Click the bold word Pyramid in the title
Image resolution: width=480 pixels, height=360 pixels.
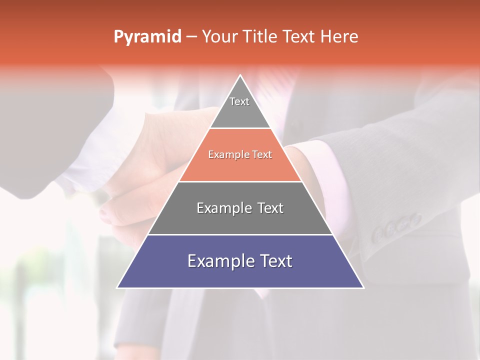(147, 37)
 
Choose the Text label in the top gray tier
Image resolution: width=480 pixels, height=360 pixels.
(239, 101)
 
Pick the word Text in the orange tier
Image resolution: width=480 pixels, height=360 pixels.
(261, 155)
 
